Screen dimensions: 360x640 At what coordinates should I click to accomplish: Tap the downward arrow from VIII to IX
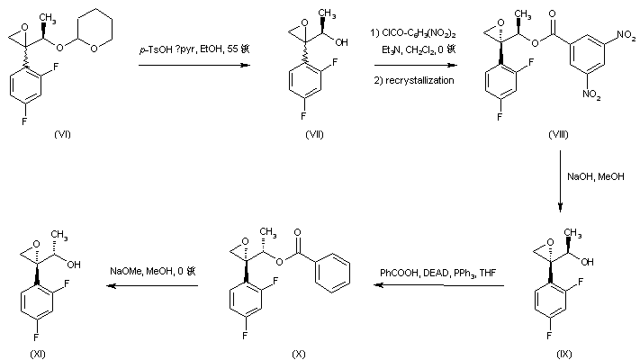click(559, 181)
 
